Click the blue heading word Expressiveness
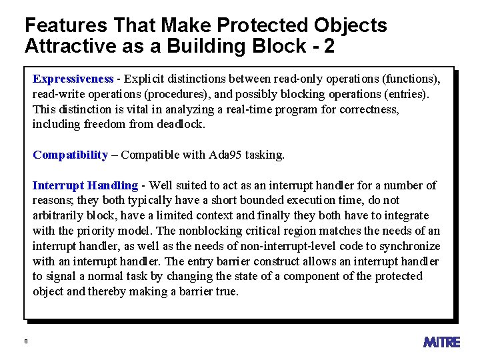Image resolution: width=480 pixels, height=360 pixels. [73, 79]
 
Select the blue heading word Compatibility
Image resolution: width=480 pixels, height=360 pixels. [70, 155]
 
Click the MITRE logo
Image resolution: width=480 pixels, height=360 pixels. [441, 342]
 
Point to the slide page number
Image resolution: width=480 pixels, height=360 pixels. [25, 341]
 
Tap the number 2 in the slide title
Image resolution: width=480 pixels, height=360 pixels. [328, 47]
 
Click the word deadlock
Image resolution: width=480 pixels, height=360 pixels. [181, 124]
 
